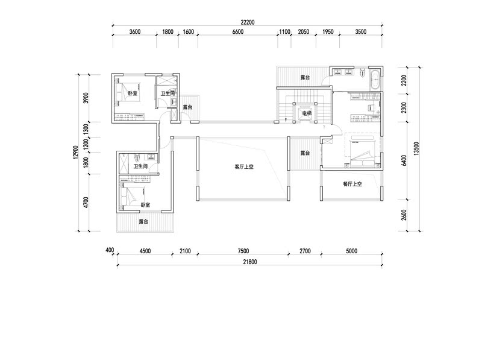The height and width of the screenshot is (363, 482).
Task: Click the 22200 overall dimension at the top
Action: [x=248, y=22]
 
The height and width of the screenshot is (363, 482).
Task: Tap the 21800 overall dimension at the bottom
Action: [x=249, y=262]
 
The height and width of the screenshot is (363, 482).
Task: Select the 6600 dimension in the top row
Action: [x=237, y=32]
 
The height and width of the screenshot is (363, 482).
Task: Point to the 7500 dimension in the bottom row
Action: [x=243, y=251]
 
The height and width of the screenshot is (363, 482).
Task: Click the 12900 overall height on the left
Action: [x=76, y=153]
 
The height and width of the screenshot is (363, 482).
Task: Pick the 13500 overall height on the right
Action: [x=416, y=149]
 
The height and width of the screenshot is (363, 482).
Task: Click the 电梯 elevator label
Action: [x=307, y=114]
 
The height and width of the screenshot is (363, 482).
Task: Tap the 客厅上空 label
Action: [x=244, y=167]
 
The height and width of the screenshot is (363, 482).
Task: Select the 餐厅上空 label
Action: [x=352, y=184]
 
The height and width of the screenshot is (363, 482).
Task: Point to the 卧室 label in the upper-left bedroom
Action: [x=133, y=93]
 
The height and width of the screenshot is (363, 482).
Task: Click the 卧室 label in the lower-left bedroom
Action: [x=145, y=205]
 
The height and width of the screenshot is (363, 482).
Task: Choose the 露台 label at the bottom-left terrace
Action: [x=143, y=221]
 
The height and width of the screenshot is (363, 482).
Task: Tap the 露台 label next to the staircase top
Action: [x=305, y=77]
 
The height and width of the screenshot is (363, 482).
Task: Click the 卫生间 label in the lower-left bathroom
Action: [x=140, y=166]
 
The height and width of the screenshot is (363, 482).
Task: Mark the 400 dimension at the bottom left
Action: [x=110, y=250]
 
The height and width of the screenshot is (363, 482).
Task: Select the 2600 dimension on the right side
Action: [x=404, y=215]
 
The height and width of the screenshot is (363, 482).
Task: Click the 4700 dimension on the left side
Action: [x=86, y=203]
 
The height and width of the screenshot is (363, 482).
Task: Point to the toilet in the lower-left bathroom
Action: [x=137, y=158]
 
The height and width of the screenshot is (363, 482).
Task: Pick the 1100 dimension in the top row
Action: [x=284, y=32]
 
